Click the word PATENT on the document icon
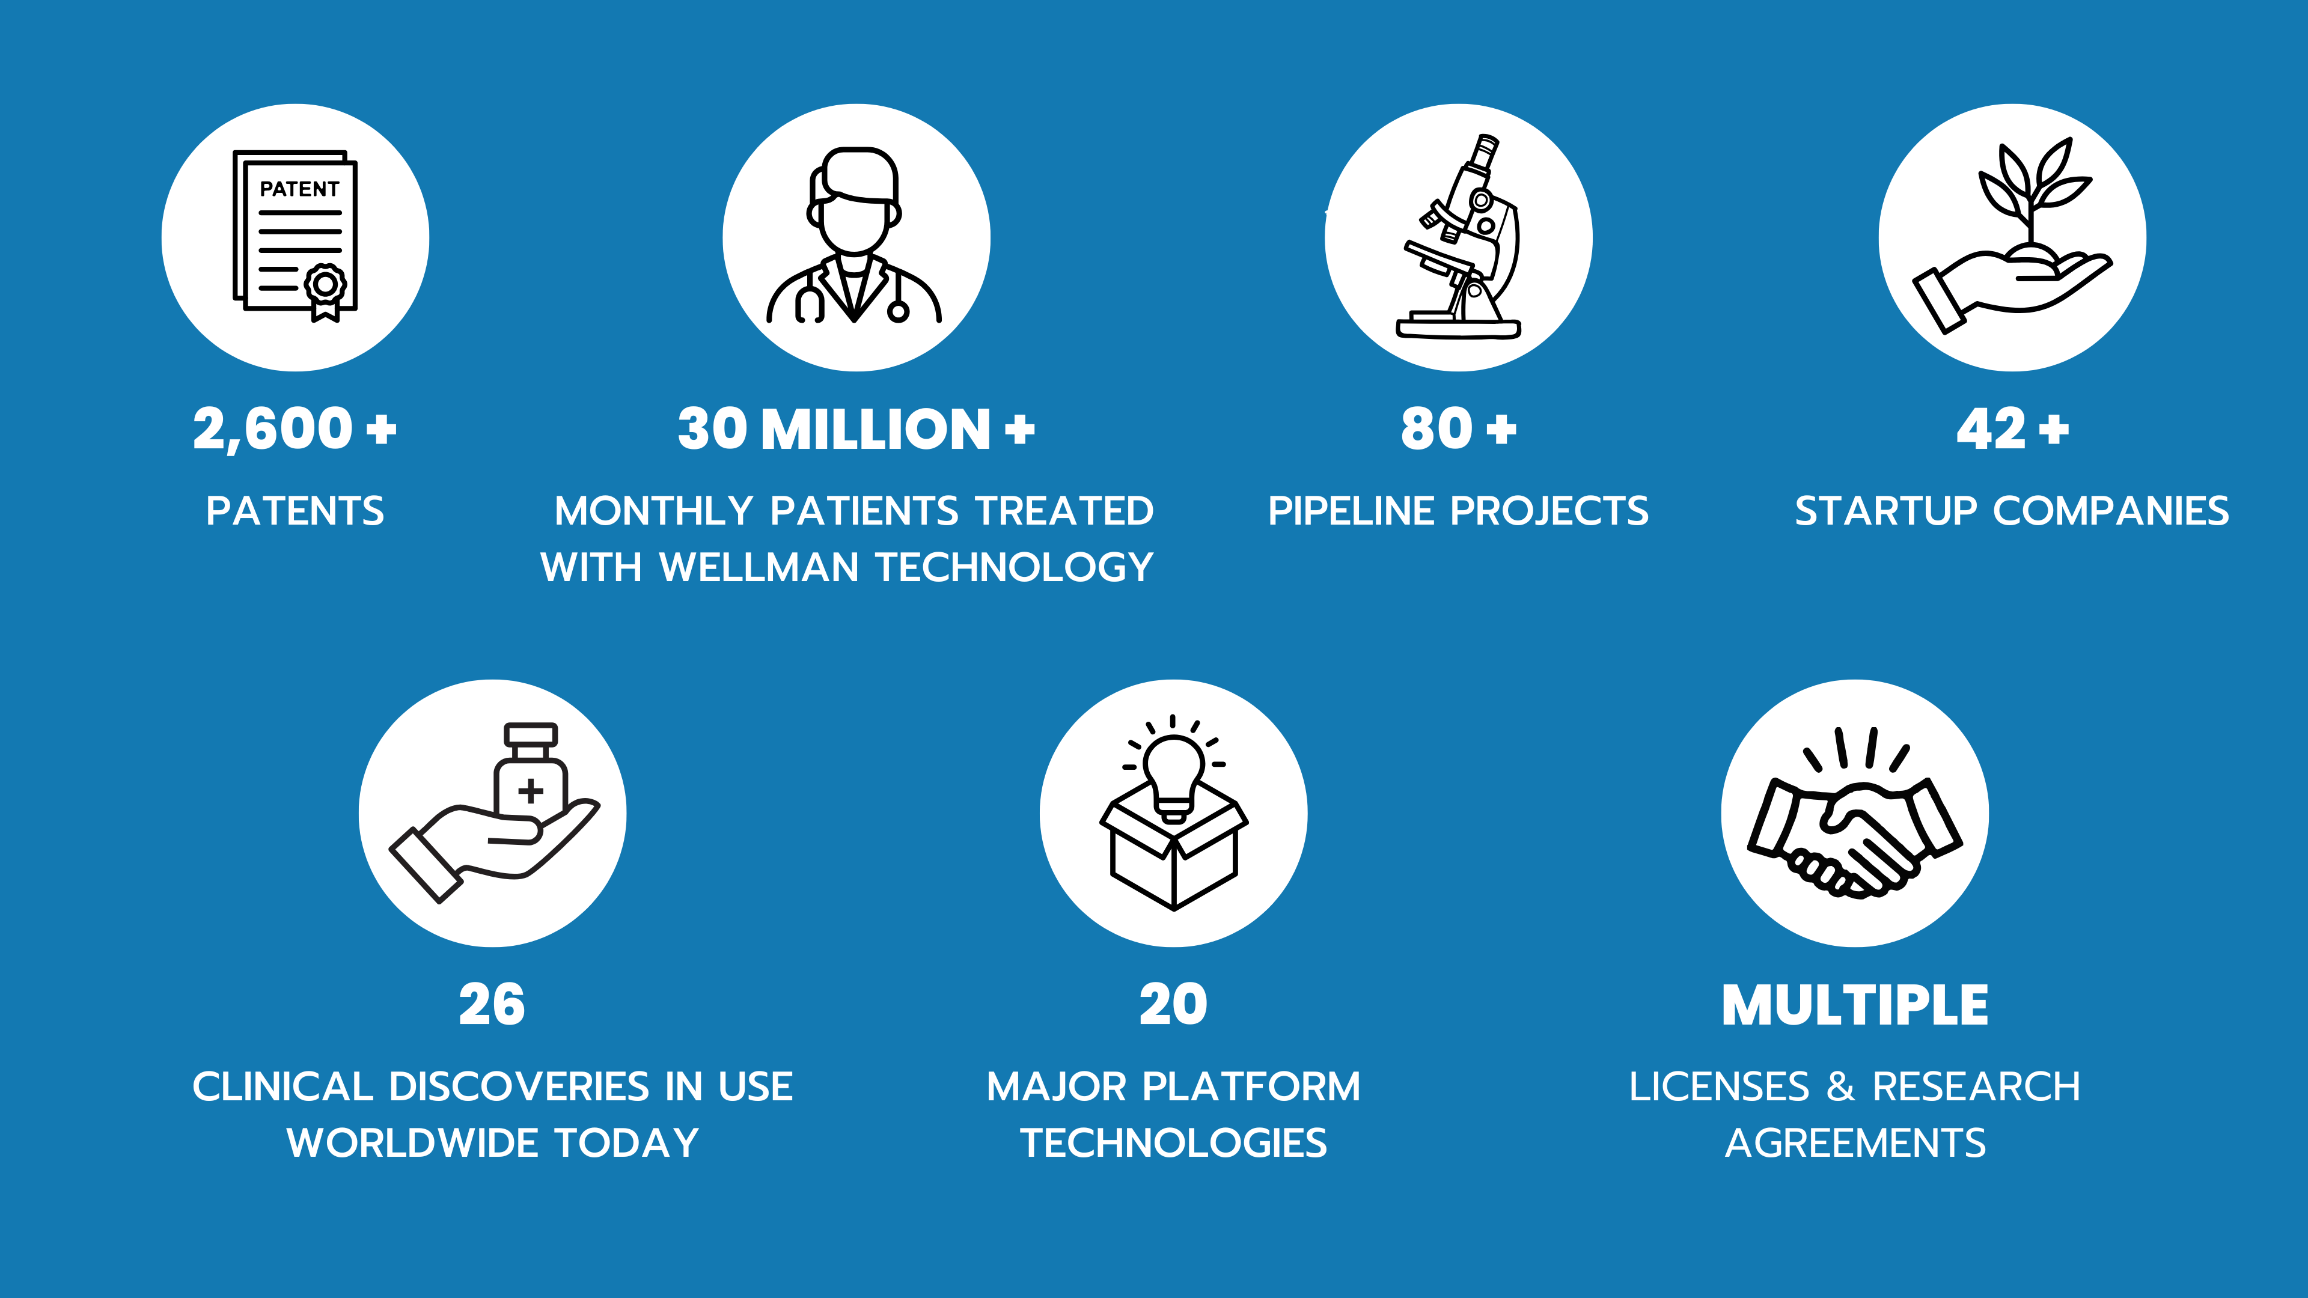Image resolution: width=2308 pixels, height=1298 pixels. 299,189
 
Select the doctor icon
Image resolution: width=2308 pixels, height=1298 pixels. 854,235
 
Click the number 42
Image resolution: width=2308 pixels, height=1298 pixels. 1991,429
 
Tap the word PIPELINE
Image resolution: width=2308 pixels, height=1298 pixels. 1351,511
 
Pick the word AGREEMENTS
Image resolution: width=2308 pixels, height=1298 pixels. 1855,1143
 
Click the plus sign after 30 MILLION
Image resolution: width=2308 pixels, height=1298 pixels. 1019,429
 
